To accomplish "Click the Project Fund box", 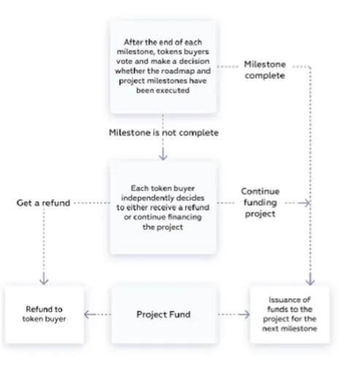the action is coord(164,315).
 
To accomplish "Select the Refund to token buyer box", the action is coord(45,315).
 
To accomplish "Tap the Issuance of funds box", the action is coord(290,315).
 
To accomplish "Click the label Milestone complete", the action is coord(265,70).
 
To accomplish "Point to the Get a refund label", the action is coord(43,203).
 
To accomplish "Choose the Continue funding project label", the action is coord(260,202).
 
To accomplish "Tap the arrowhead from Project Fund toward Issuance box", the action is coord(245,315).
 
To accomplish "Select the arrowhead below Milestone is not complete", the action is coord(163,155).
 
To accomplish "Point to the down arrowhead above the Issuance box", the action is coord(310,280).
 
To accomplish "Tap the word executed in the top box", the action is coord(175,91).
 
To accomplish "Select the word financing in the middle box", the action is coord(185,217).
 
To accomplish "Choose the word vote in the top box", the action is coord(124,61).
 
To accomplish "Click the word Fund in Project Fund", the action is coord(180,315).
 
